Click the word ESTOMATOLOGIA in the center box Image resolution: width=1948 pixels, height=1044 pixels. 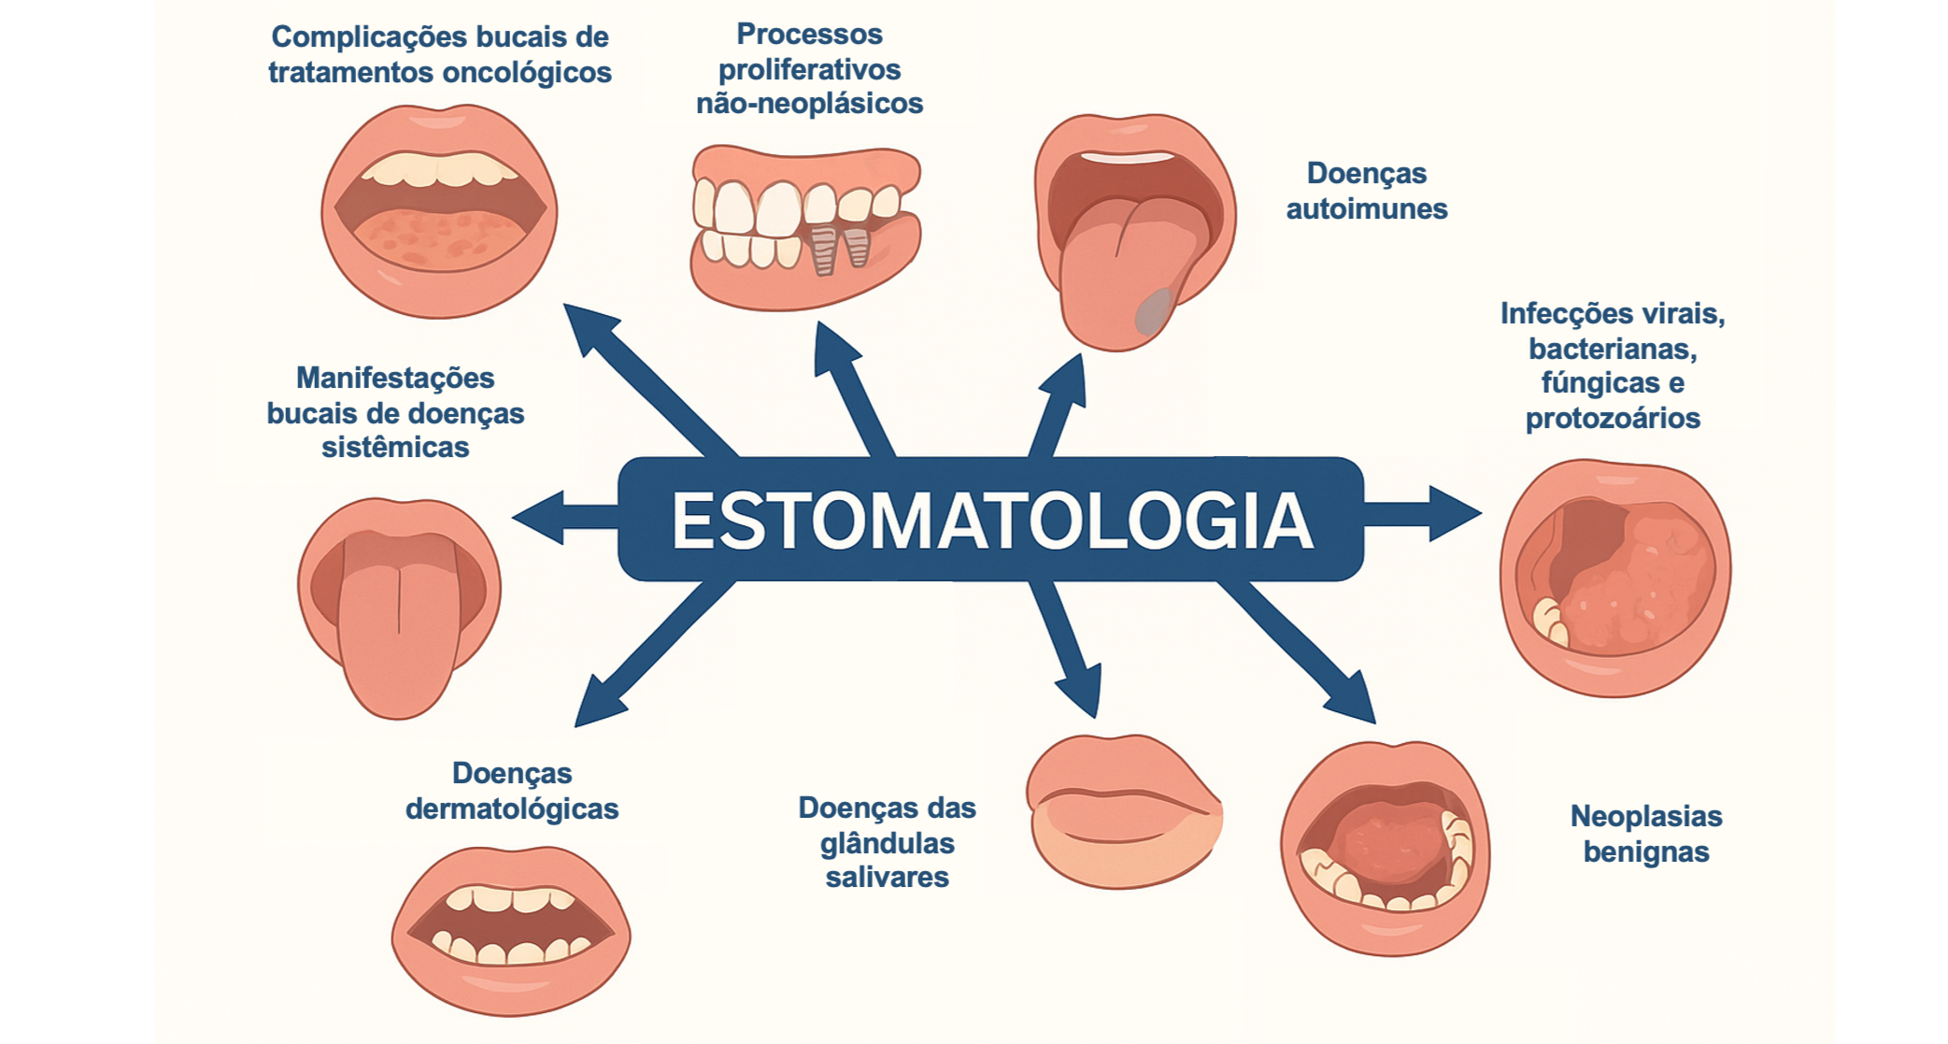[991, 521]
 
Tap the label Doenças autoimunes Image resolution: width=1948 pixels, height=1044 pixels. [1366, 191]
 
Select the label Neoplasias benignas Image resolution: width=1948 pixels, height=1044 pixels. [1645, 834]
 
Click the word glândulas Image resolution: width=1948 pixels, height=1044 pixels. [887, 843]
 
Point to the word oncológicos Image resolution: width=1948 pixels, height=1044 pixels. [526, 72]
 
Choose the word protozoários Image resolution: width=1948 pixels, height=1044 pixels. [1613, 418]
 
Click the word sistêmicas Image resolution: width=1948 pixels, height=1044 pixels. [395, 447]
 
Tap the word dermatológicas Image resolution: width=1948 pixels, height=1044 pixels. [512, 808]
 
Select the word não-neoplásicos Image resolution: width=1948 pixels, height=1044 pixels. [809, 103]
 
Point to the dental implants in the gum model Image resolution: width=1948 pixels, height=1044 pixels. [838, 248]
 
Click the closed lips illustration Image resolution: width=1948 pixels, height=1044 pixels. [1124, 811]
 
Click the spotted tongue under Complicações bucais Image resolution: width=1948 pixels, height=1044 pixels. [439, 237]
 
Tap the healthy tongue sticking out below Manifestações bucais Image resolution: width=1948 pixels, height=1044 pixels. [399, 636]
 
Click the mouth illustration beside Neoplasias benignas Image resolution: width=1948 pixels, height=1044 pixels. [1386, 849]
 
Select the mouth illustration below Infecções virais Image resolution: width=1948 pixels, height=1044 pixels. [1615, 579]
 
